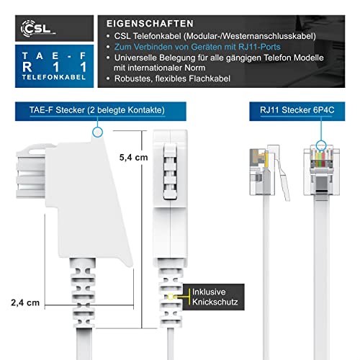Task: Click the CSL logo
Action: [38, 29]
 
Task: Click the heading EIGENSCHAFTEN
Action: [150, 24]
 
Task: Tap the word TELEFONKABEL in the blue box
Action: [54, 77]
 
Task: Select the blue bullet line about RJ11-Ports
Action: [197, 47]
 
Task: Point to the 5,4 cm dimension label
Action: [134, 158]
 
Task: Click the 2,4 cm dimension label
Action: [25, 302]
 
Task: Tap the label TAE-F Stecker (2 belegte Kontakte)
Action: [97, 110]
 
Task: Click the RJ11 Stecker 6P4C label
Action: [297, 110]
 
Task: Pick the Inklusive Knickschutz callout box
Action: [214, 297]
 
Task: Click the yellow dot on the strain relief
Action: [171, 297]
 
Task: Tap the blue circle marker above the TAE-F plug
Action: [97, 132]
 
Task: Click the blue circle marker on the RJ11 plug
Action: [321, 145]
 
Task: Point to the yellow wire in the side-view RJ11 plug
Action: [266, 160]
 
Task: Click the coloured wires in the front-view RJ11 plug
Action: [321, 159]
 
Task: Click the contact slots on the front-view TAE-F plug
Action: [170, 171]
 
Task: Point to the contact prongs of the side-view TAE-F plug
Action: [31, 171]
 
